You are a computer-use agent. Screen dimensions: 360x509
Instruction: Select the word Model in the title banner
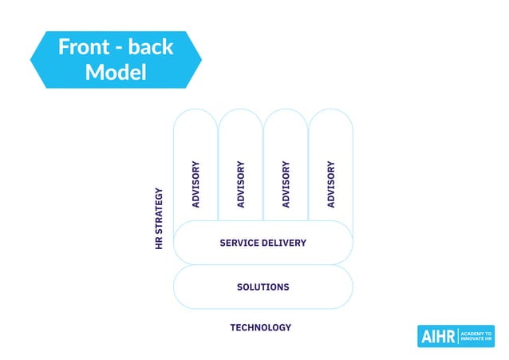click(x=116, y=72)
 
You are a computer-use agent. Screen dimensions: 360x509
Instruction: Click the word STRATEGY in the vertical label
click(x=160, y=212)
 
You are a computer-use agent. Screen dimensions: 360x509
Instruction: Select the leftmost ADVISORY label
click(x=195, y=184)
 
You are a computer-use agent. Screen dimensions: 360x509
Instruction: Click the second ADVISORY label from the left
click(x=240, y=184)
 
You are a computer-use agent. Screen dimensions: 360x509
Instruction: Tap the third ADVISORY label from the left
click(x=286, y=184)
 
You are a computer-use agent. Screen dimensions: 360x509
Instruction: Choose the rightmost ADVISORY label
click(x=330, y=184)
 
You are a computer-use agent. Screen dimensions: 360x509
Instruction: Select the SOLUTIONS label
click(x=262, y=287)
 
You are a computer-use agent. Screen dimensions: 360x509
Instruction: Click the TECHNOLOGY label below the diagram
click(x=261, y=327)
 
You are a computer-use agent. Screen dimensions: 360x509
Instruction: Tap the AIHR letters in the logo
click(x=439, y=337)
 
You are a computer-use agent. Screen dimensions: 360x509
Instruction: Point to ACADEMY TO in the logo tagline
click(x=477, y=333)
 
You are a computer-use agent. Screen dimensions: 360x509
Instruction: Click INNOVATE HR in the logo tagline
click(x=477, y=341)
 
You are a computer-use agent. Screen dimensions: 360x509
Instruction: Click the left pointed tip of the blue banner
click(x=31, y=60)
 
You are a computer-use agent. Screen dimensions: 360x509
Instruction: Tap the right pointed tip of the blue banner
click(x=201, y=60)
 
